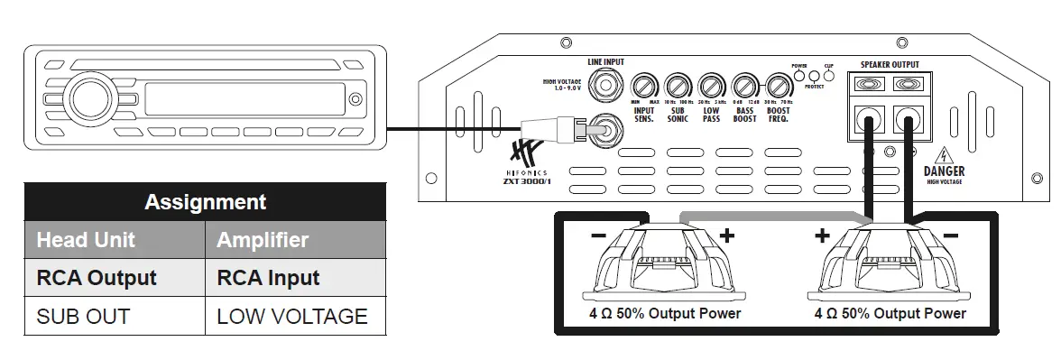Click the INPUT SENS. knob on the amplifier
pos(643,87)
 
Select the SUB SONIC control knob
pos(677,87)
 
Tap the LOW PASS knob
pos(711,87)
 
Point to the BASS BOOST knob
pos(744,87)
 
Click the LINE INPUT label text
pos(606,62)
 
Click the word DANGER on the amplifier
pos(944,171)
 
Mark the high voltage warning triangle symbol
pos(944,152)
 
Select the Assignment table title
pos(205,201)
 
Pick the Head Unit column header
pos(86,240)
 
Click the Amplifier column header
pos(263,240)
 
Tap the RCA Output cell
pos(97,278)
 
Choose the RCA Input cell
pos(268,278)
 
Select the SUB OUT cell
pos(83,317)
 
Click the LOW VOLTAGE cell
pos(292,317)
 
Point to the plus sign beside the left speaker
pos(727,236)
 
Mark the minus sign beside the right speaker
pos(950,236)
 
